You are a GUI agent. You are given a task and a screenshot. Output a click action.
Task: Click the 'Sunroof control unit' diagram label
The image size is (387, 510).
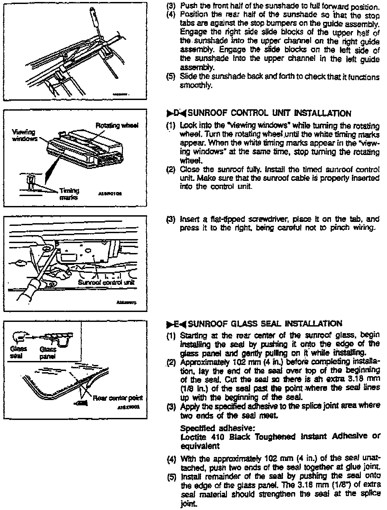[107, 282]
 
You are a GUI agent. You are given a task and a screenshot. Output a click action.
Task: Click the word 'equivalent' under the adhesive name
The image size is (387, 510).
[200, 446]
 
